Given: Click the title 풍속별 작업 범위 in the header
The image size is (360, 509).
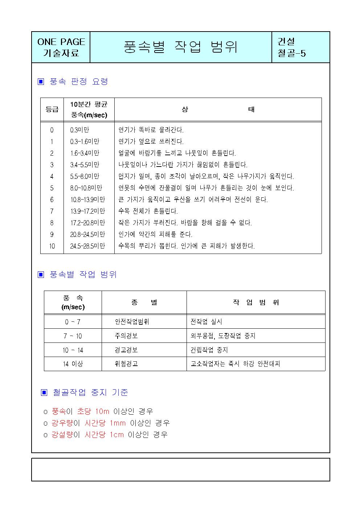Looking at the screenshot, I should (x=180, y=47).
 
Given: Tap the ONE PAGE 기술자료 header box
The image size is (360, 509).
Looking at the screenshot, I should (x=61, y=47).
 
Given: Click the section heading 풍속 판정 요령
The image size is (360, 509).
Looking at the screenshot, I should (x=78, y=82).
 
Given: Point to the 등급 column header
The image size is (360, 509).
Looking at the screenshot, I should (x=52, y=109).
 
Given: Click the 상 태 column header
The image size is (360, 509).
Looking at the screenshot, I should (x=218, y=109).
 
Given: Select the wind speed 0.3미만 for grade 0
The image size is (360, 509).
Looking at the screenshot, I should (x=79, y=130).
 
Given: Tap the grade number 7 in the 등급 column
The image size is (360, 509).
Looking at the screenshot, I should (x=52, y=211).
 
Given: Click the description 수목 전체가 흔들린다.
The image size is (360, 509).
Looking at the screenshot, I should (x=148, y=211).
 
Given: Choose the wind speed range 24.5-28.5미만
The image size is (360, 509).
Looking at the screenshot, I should (x=87, y=246).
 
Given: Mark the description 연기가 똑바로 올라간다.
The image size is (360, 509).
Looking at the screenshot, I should (x=151, y=130).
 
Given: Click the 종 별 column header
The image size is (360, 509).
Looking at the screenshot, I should (x=144, y=303).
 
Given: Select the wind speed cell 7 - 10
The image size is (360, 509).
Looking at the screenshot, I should (x=73, y=336).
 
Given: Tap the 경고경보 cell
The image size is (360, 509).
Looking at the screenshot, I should (x=126, y=350).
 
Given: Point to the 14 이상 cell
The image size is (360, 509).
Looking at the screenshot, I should (x=73, y=364).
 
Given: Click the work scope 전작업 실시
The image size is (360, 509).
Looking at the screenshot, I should (x=206, y=322).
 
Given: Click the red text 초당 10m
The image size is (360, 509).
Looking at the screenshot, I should (x=93, y=411).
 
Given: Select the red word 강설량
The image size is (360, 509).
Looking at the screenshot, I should (x=62, y=435).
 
